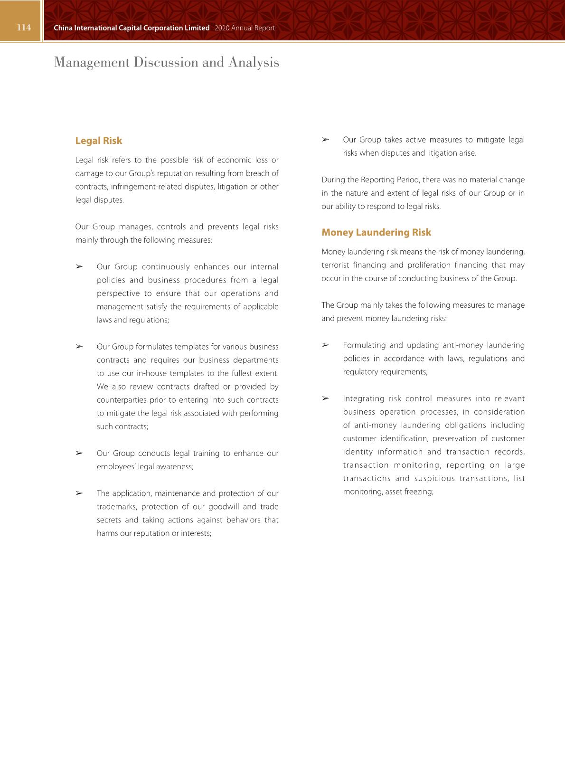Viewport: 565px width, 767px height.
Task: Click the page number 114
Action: [24, 28]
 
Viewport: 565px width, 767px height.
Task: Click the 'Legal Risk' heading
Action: [98, 141]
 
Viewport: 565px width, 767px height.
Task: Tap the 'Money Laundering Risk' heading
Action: [376, 232]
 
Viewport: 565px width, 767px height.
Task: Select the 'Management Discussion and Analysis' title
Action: [166, 62]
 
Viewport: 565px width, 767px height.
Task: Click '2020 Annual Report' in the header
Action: [245, 28]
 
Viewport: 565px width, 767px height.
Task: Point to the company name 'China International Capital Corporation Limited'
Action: [132, 28]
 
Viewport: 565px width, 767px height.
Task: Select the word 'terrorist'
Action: [335, 265]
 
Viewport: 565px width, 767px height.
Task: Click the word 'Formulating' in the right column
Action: [364, 345]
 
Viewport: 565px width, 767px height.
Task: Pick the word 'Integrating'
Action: [363, 398]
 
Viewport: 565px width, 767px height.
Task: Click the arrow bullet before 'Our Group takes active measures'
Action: [325, 140]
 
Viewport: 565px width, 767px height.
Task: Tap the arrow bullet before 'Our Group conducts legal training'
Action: [79, 453]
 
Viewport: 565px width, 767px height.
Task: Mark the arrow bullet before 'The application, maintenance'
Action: [79, 493]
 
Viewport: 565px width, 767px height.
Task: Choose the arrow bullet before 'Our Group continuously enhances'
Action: [79, 267]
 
